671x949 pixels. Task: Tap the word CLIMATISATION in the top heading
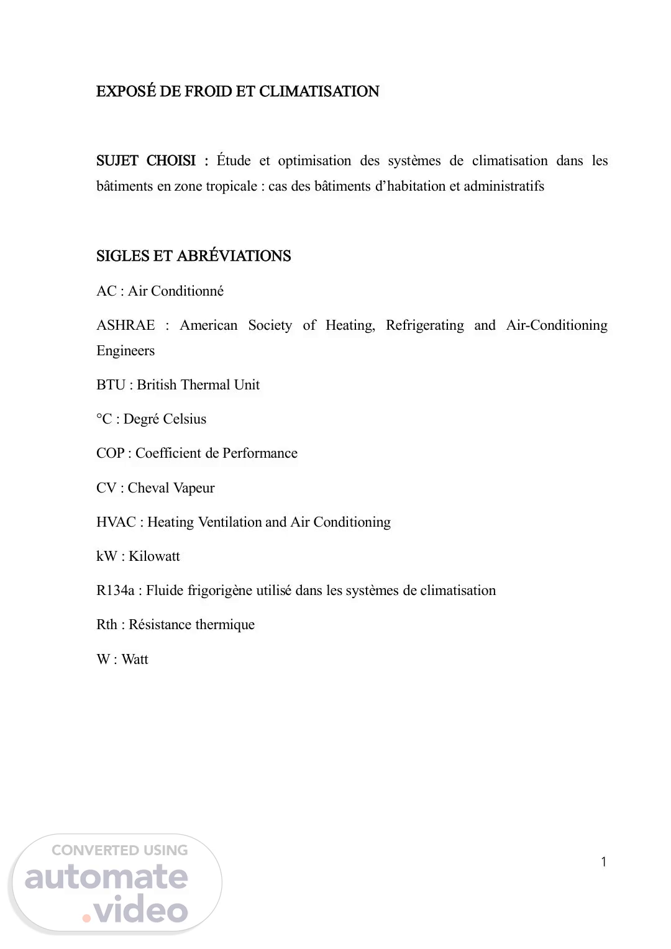(x=319, y=91)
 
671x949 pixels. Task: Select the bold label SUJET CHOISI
(x=146, y=161)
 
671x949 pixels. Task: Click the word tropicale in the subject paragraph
(x=231, y=186)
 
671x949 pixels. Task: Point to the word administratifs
(x=504, y=186)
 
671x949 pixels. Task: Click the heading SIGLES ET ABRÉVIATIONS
(x=193, y=256)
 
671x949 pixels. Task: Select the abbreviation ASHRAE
(x=126, y=325)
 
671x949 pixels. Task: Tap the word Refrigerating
(x=424, y=325)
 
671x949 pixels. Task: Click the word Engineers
(x=126, y=351)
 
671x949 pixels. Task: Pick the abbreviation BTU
(x=111, y=385)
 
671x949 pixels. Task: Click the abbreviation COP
(x=110, y=453)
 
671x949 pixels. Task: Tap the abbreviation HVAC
(x=116, y=522)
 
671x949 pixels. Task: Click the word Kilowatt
(x=154, y=556)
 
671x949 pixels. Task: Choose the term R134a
(x=115, y=591)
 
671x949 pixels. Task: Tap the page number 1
(x=604, y=861)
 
